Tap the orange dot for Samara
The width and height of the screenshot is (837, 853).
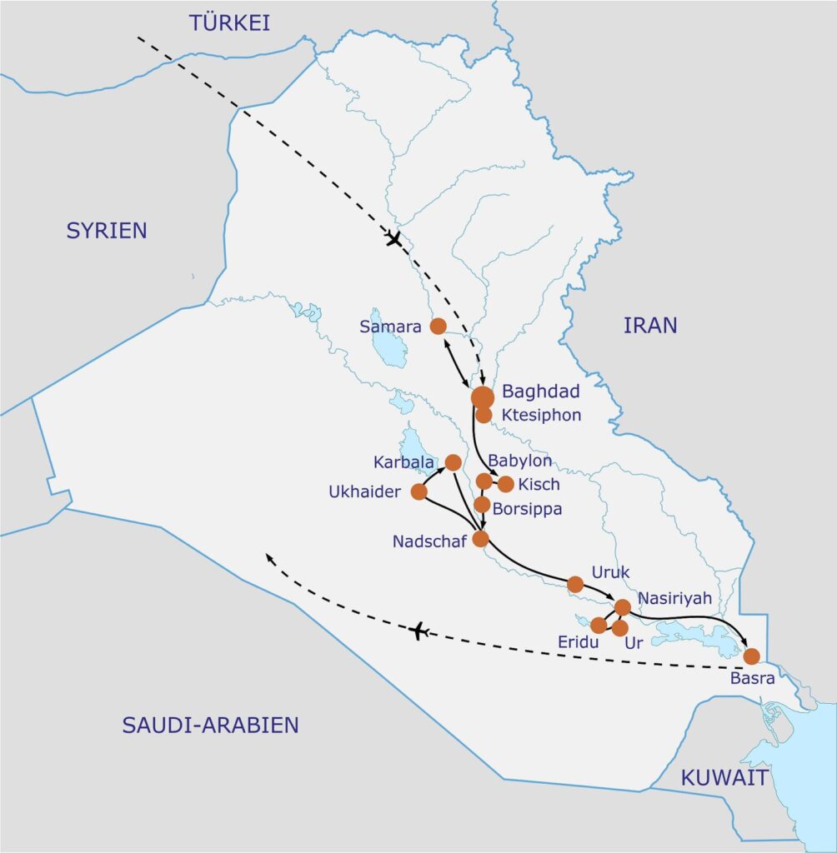pyautogui.click(x=438, y=327)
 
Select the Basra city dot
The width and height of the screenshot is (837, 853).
pyautogui.click(x=751, y=656)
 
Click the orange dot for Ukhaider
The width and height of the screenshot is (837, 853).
pyautogui.click(x=419, y=491)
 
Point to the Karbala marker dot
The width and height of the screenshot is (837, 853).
pyautogui.click(x=454, y=461)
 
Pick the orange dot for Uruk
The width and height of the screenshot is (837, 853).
pyautogui.click(x=575, y=584)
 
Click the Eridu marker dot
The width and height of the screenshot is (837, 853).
pyautogui.click(x=598, y=625)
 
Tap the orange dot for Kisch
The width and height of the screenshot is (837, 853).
pyautogui.click(x=505, y=484)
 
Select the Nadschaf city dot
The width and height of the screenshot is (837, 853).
pyautogui.click(x=480, y=538)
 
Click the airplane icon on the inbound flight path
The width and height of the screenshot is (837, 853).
pyautogui.click(x=393, y=240)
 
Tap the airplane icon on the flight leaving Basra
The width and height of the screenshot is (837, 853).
pyautogui.click(x=419, y=631)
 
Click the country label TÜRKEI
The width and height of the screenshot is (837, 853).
pyautogui.click(x=229, y=22)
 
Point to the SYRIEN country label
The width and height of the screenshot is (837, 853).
pyautogui.click(x=107, y=231)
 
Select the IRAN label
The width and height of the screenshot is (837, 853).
pyautogui.click(x=650, y=325)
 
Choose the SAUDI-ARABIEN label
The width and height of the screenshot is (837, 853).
pyautogui.click(x=210, y=725)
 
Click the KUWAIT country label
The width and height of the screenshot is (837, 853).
pyautogui.click(x=724, y=778)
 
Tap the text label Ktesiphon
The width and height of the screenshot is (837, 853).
pyautogui.click(x=541, y=415)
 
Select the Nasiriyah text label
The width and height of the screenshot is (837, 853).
pyautogui.click(x=674, y=597)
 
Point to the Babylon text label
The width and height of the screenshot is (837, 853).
pyautogui.click(x=520, y=461)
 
